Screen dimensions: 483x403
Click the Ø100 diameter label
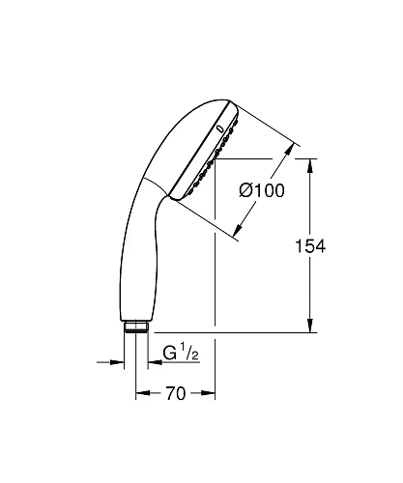(262, 191)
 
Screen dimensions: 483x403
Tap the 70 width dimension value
(175, 394)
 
